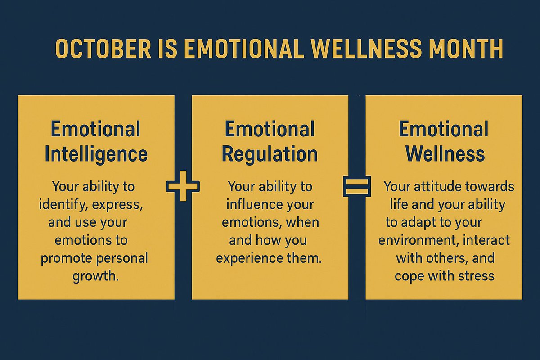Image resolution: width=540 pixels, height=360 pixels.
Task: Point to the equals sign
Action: (x=357, y=186)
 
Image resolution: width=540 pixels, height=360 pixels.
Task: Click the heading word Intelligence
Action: (x=96, y=154)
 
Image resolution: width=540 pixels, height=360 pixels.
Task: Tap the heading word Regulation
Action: (x=270, y=154)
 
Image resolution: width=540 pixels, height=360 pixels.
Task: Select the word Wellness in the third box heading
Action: (x=444, y=154)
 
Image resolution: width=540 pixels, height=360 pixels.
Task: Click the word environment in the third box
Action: (x=417, y=240)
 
